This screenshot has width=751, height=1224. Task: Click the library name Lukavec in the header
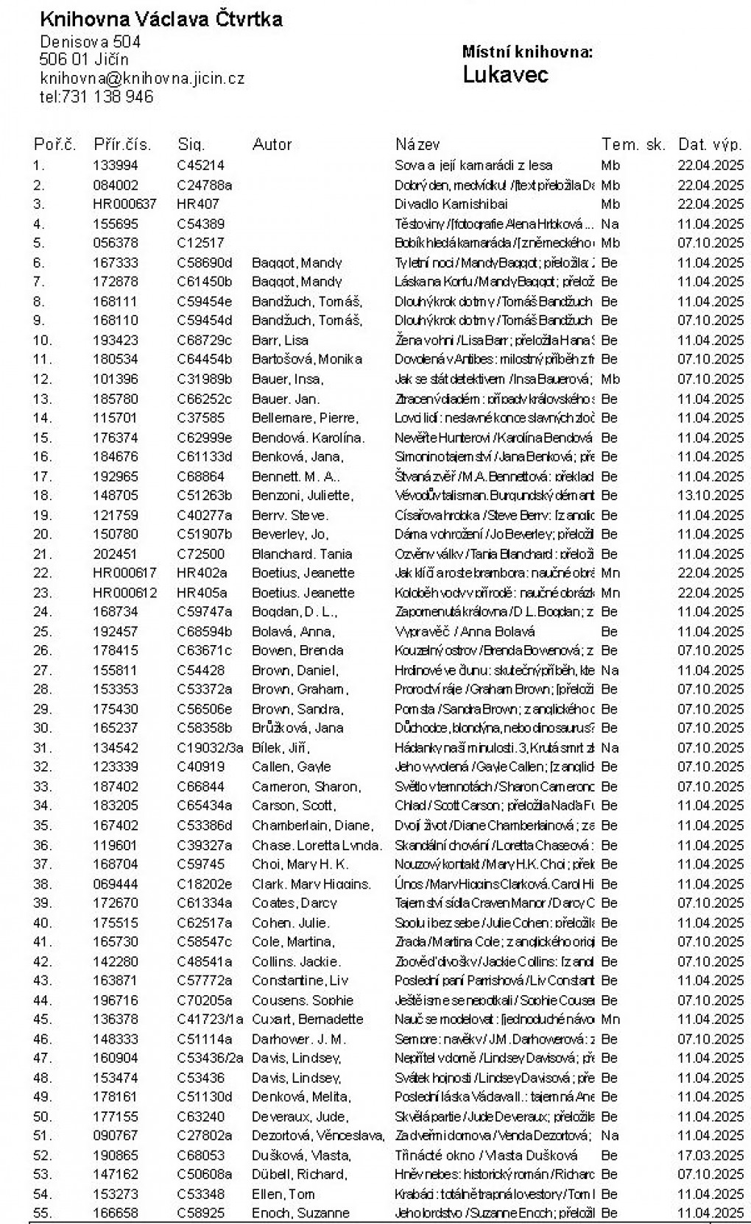(x=505, y=75)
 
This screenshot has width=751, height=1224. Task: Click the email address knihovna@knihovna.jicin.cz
(x=142, y=78)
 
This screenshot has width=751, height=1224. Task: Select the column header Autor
(x=272, y=144)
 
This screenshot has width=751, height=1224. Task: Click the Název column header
(x=417, y=144)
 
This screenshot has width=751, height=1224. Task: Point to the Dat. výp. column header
(x=710, y=144)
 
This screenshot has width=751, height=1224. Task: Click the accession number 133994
(x=116, y=166)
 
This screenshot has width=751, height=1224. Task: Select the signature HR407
(x=197, y=204)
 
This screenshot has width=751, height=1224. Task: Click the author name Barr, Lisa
(x=280, y=340)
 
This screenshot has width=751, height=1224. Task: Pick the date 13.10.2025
(x=711, y=495)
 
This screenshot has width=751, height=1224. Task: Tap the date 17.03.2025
(x=711, y=1155)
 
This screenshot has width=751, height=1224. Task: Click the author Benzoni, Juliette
(x=302, y=495)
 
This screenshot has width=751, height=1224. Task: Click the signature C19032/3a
(x=210, y=747)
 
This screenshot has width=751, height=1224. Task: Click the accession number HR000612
(x=124, y=592)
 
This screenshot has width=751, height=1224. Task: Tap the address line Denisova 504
(x=91, y=42)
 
